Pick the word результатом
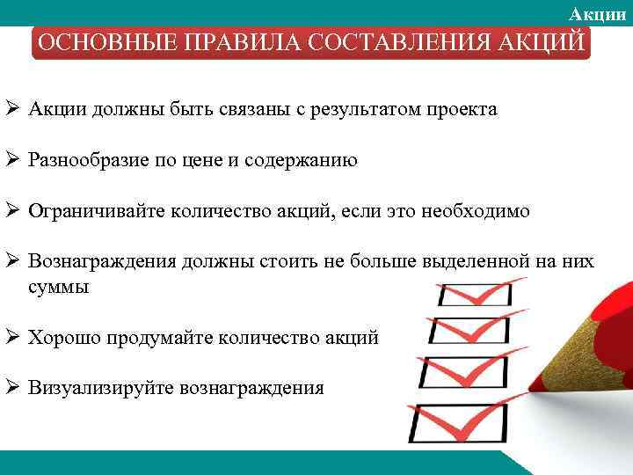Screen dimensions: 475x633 point(358,110)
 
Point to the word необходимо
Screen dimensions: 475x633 point(476,211)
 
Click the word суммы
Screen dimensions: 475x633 point(58,287)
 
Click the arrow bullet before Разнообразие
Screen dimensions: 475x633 point(12,160)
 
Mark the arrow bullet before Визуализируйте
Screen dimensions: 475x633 point(12,387)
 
